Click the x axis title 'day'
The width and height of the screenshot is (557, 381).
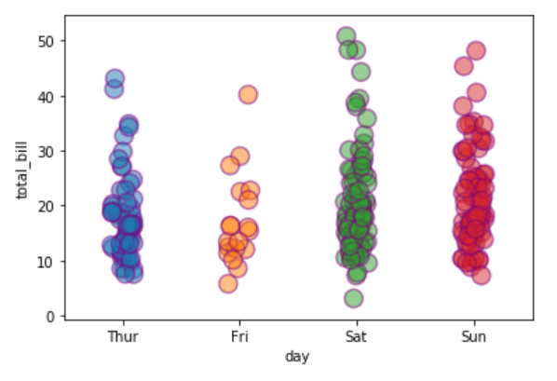(x=298, y=356)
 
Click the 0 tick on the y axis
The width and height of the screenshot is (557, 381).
(x=51, y=317)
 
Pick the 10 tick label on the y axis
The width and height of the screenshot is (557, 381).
(x=48, y=262)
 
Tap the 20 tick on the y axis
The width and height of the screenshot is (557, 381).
(x=48, y=206)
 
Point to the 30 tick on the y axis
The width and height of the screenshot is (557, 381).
(x=48, y=151)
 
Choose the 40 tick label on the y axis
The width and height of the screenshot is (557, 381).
(x=48, y=96)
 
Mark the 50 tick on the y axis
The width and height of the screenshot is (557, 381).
(x=48, y=41)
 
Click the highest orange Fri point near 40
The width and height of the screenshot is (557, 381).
(x=248, y=94)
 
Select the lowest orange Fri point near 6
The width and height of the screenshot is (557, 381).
(x=228, y=283)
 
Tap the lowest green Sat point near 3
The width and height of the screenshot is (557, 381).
(x=353, y=298)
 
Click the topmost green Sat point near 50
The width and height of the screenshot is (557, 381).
(x=346, y=36)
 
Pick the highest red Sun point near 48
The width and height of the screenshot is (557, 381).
(x=476, y=50)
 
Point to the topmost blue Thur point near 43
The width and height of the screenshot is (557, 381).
(x=115, y=78)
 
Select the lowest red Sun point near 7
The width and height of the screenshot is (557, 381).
(x=481, y=275)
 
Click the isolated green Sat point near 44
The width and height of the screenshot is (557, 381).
(x=360, y=72)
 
